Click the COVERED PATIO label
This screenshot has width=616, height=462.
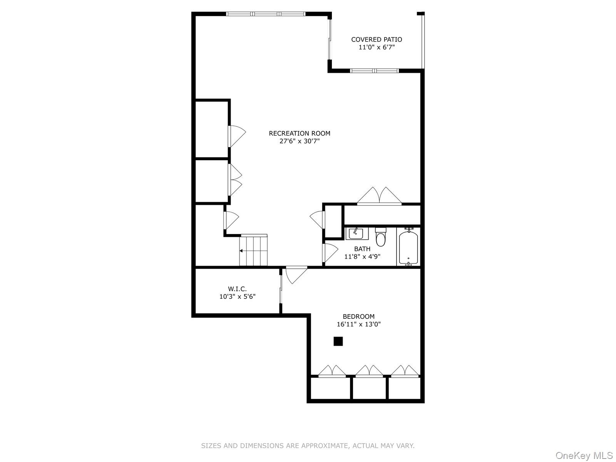pos(376,39)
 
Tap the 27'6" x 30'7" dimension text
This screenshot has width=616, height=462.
pos(300,141)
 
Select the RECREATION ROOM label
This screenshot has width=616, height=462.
pos(300,133)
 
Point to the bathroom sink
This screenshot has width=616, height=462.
pos(357,233)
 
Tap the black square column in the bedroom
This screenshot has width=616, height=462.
pos(338,341)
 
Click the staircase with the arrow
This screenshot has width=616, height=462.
pos(253,250)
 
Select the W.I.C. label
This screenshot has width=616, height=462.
pos(237,289)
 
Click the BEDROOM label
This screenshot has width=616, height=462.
pos(358,316)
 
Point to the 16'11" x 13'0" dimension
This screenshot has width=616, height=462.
pos(358,324)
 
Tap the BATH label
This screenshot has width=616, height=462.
pos(362,249)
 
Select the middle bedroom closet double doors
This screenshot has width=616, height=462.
pos(369,371)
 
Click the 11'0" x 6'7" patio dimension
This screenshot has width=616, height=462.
pos(376,47)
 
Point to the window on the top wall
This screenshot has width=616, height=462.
pos(266,14)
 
